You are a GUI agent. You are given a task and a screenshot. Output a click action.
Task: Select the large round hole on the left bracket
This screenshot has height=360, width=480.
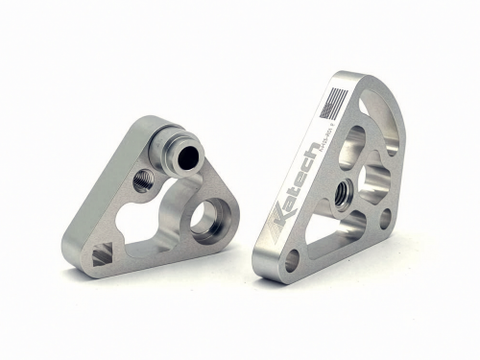(x=207, y=219)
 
